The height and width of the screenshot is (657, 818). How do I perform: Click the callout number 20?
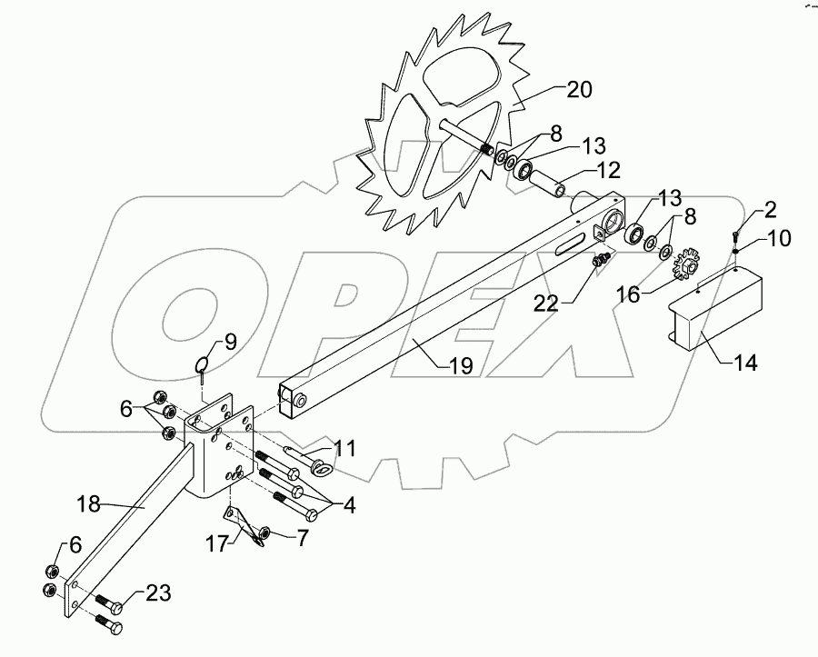tap(579, 90)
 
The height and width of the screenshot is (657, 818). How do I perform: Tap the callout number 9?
tap(227, 343)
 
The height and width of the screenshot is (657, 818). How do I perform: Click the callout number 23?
tap(156, 594)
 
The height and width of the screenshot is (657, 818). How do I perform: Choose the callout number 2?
tap(768, 211)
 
